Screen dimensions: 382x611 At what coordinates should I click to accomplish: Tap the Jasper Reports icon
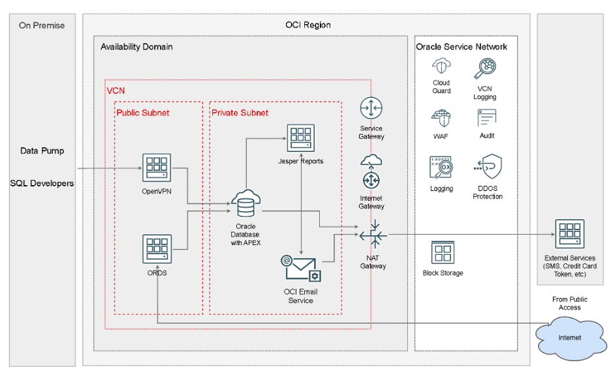301,139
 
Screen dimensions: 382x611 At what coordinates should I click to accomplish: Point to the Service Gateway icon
371,109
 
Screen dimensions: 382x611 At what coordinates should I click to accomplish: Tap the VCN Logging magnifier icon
485,68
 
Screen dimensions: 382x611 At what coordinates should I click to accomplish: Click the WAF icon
441,118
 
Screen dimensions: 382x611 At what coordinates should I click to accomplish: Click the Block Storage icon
443,253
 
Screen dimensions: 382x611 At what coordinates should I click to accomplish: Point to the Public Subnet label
142,113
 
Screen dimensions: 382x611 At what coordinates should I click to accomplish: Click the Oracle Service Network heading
461,47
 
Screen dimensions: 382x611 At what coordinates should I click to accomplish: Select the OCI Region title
309,25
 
